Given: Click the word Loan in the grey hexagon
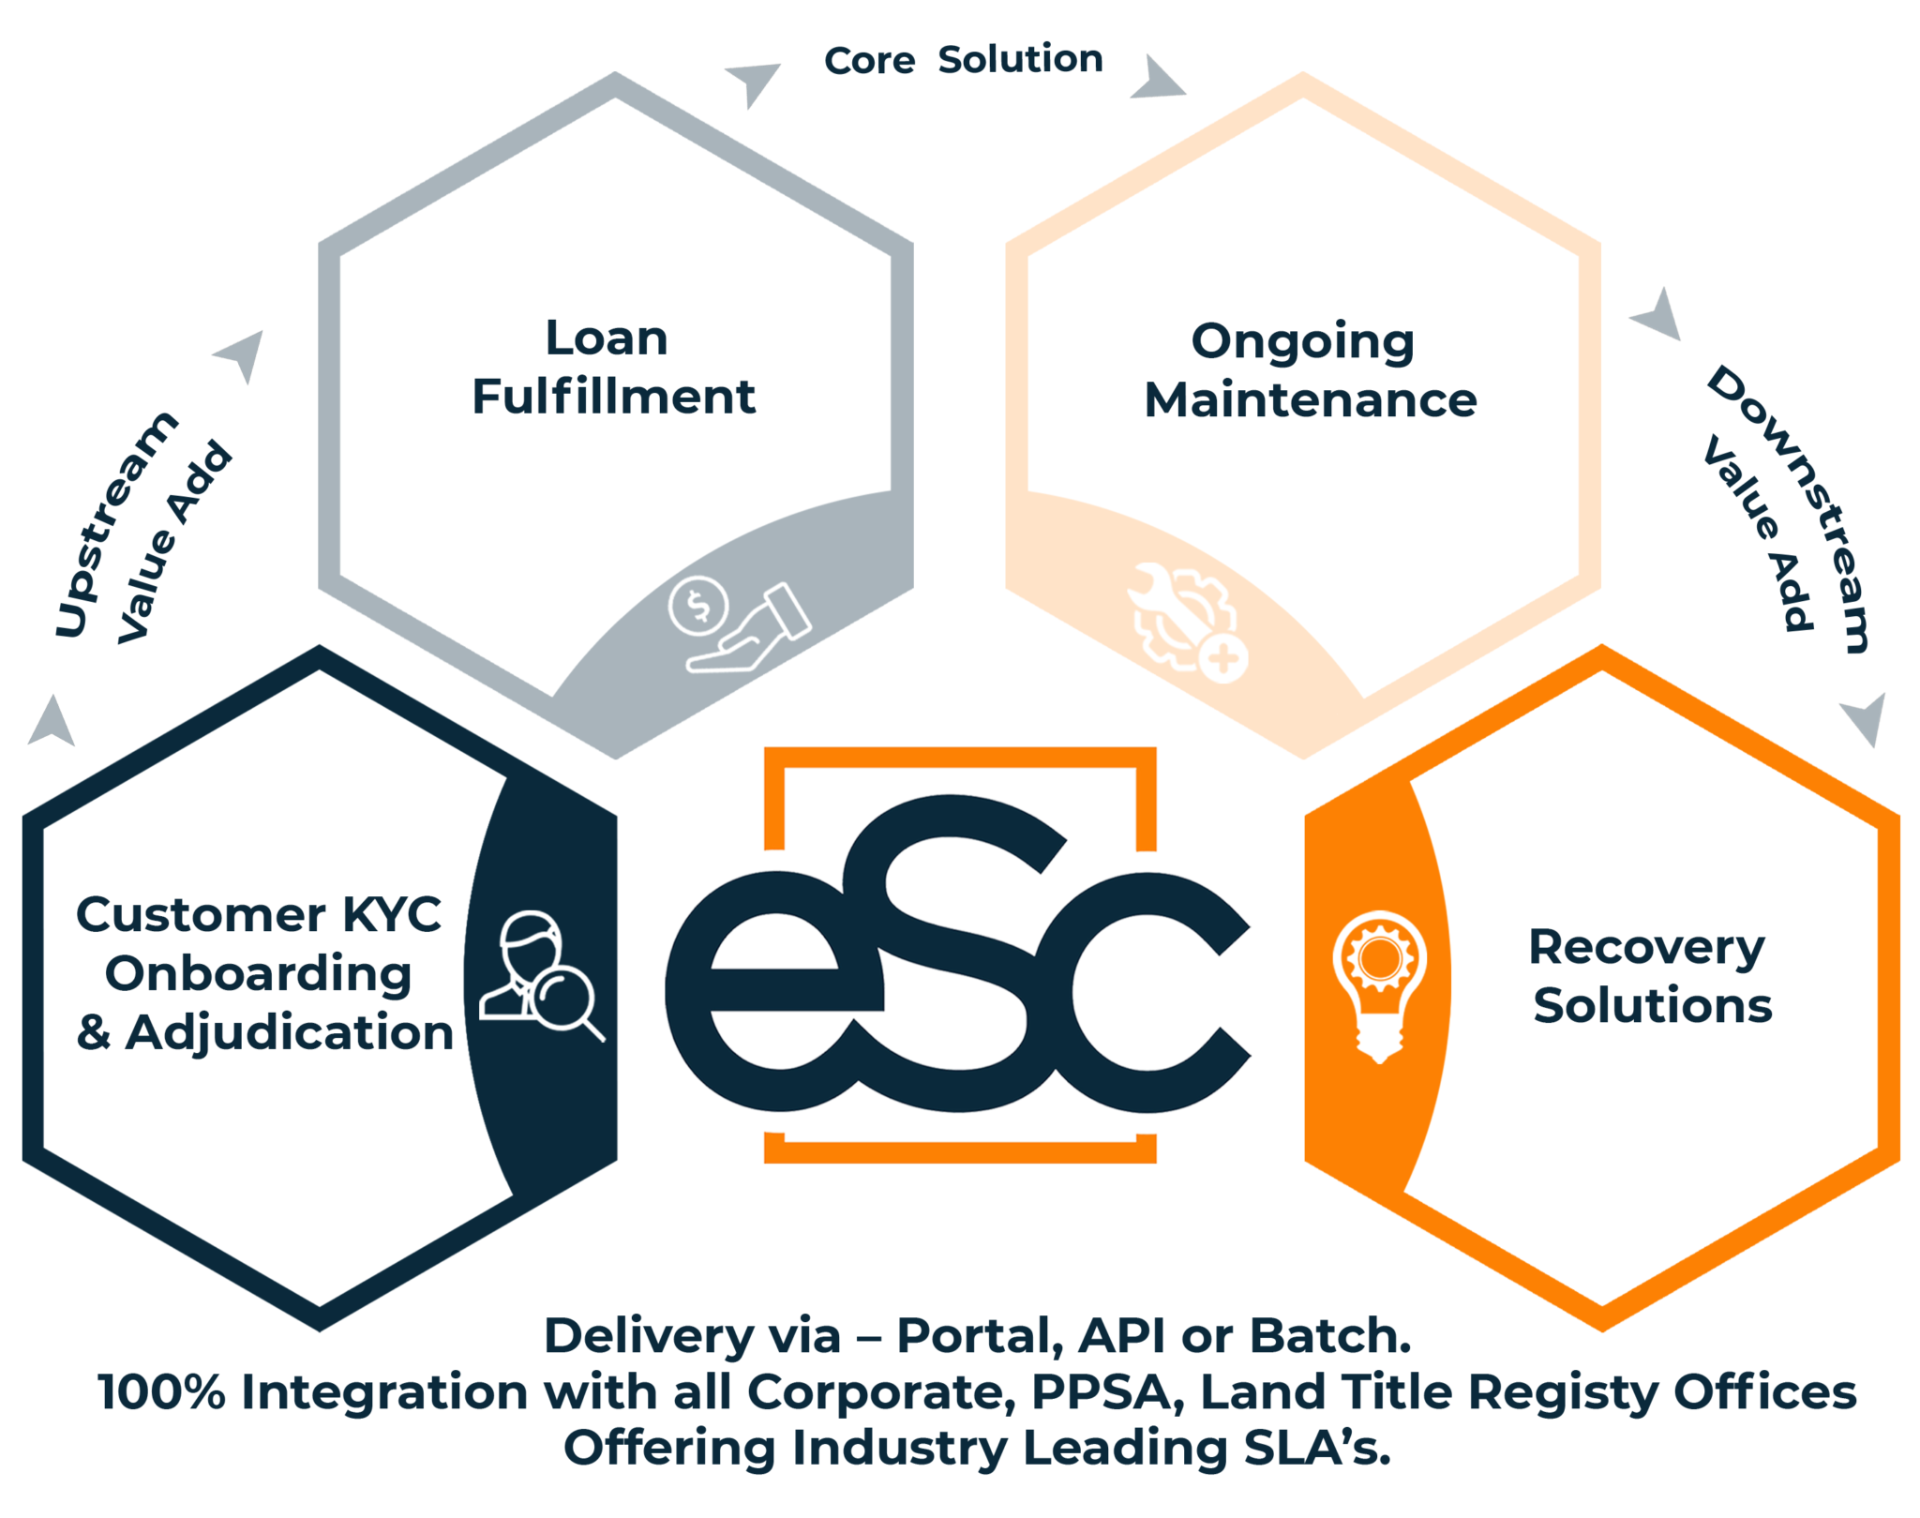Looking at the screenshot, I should (607, 338).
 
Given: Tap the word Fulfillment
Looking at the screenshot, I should (613, 397).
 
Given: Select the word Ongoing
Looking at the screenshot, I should (1302, 342).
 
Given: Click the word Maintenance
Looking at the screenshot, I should (1310, 400).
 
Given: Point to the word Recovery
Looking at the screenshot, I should (1646, 948).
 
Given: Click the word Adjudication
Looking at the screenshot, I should (290, 1032).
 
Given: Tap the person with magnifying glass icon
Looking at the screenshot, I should (541, 975).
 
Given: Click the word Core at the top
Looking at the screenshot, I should (869, 61).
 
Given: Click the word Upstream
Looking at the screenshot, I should (114, 525).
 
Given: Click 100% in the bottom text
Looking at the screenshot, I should (161, 1391).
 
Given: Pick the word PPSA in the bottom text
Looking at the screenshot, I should (1102, 1391).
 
